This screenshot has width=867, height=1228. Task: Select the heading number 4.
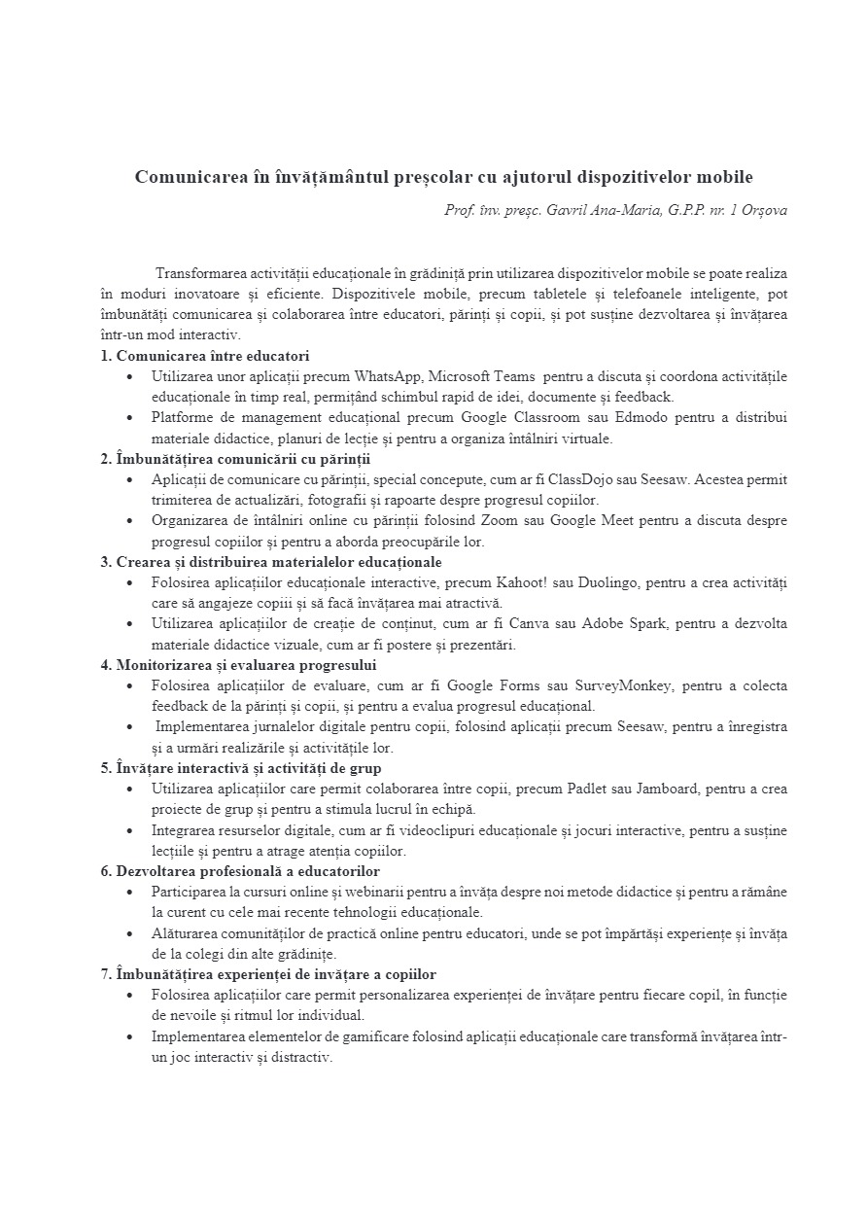pos(105,665)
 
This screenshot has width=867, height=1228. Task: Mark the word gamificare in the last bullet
pos(351,1036)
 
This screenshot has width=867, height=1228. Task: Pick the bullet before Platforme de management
pos(130,417)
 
